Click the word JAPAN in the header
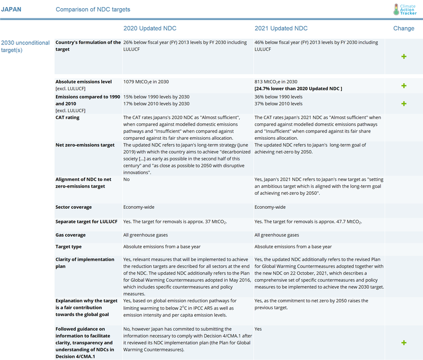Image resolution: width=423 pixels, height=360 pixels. pyautogui.click(x=12, y=10)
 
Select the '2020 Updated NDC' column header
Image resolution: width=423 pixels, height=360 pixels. pyautogui.click(x=150, y=28)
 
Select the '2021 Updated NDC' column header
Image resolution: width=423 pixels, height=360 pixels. pyautogui.click(x=281, y=28)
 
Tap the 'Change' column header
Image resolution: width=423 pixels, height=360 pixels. pyautogui.click(x=403, y=28)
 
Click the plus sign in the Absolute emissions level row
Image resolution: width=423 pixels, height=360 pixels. pyautogui.click(x=403, y=86)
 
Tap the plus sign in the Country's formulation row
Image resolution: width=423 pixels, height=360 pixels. pyautogui.click(x=403, y=57)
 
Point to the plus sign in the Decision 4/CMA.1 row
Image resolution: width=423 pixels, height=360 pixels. pyautogui.click(x=403, y=343)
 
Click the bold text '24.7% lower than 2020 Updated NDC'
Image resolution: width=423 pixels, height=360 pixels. pyautogui.click(x=298, y=89)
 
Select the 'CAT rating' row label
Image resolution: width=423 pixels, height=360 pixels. pyautogui.click(x=68, y=117)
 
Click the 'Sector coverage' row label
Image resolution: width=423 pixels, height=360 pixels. pyautogui.click(x=73, y=207)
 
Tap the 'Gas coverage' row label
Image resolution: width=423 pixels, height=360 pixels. pyautogui.click(x=70, y=235)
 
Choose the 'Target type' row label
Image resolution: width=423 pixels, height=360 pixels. pyautogui.click(x=69, y=246)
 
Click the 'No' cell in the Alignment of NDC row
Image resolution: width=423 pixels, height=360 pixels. pyautogui.click(x=127, y=179)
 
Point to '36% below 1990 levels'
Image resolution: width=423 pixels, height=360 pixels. pyautogui.click(x=279, y=97)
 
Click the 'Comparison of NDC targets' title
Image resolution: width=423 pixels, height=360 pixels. pyautogui.click(x=93, y=10)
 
